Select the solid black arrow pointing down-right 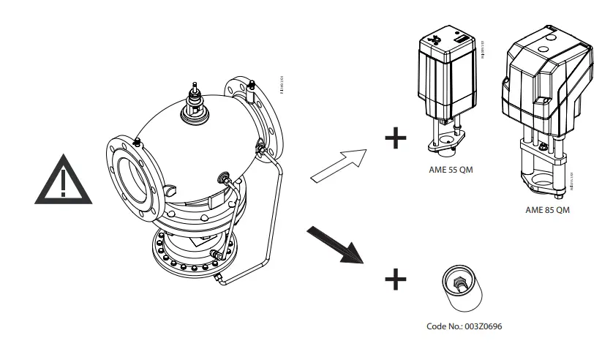pyautogui.click(x=335, y=244)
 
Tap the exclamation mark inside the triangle pyautogui.click(x=64, y=183)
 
